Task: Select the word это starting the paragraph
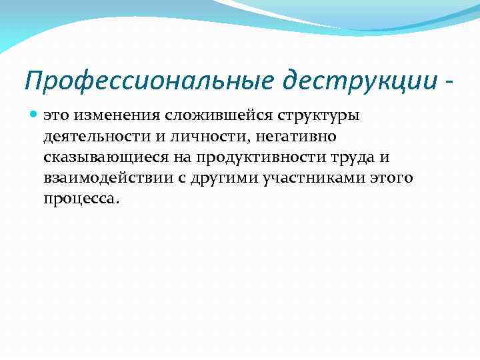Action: point(56,116)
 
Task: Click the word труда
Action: point(337,157)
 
